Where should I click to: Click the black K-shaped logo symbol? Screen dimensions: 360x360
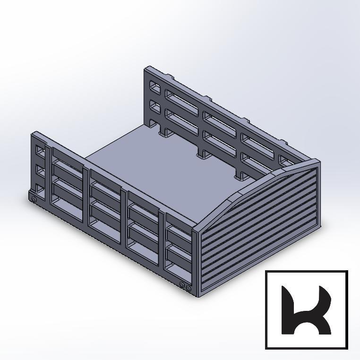pos(306,310)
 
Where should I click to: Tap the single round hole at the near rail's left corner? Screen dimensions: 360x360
pos(34,200)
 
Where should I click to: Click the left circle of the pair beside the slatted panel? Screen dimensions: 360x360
pos(182,285)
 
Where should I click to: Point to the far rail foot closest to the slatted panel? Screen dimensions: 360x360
pos(240,176)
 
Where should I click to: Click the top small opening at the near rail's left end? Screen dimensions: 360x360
pos(41,152)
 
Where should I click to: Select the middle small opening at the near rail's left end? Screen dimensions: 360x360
pos(41,170)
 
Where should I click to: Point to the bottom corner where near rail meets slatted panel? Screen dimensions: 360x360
pos(196,296)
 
